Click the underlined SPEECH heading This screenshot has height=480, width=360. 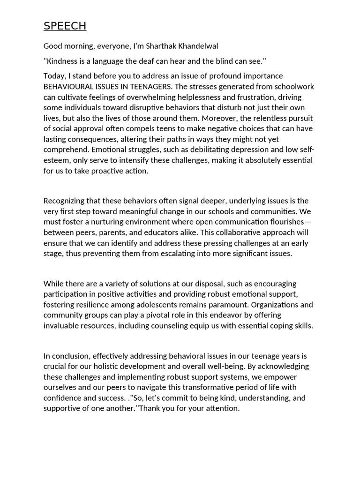click(65, 26)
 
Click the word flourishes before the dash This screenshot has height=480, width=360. click(283, 222)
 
